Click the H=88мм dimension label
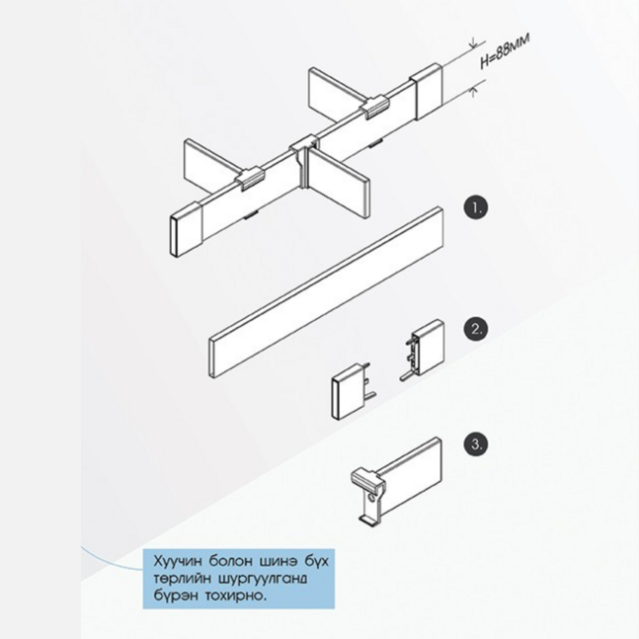tap(505, 50)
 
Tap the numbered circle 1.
tap(476, 208)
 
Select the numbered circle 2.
tap(476, 329)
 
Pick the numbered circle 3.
tap(476, 444)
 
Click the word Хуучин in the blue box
tap(178, 562)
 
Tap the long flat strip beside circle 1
tap(326, 292)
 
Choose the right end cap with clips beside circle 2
tap(424, 349)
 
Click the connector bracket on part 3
tap(368, 495)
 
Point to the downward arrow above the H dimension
tap(473, 43)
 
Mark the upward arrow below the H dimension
tap(473, 92)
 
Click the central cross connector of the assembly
tap(303, 162)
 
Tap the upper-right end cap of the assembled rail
tap(426, 93)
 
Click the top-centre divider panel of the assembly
tap(335, 92)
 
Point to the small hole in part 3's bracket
tap(371, 499)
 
